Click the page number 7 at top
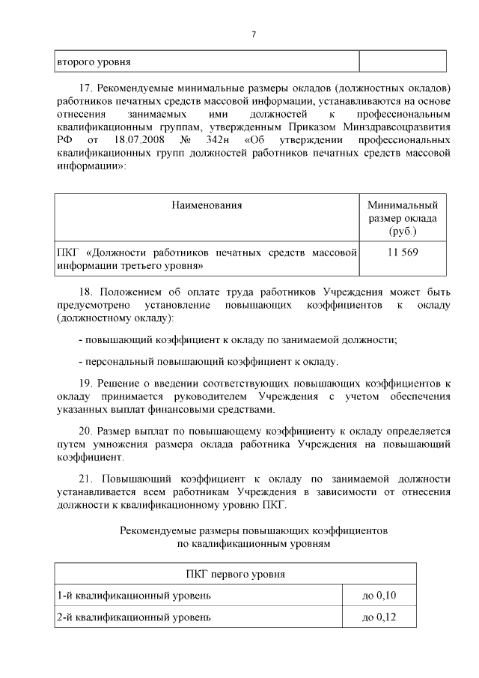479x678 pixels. pos(254,34)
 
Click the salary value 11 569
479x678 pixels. pos(403,252)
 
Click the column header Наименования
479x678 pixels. pos(207,205)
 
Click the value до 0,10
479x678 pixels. pos(379,596)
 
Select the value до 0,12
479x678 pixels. pos(379,618)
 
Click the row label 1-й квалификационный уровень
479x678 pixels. pos(134,596)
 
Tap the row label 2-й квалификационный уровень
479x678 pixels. pos(134,618)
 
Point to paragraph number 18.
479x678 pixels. pos(85,291)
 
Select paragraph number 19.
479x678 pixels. pos(85,383)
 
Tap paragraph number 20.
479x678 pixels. pos(85,431)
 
